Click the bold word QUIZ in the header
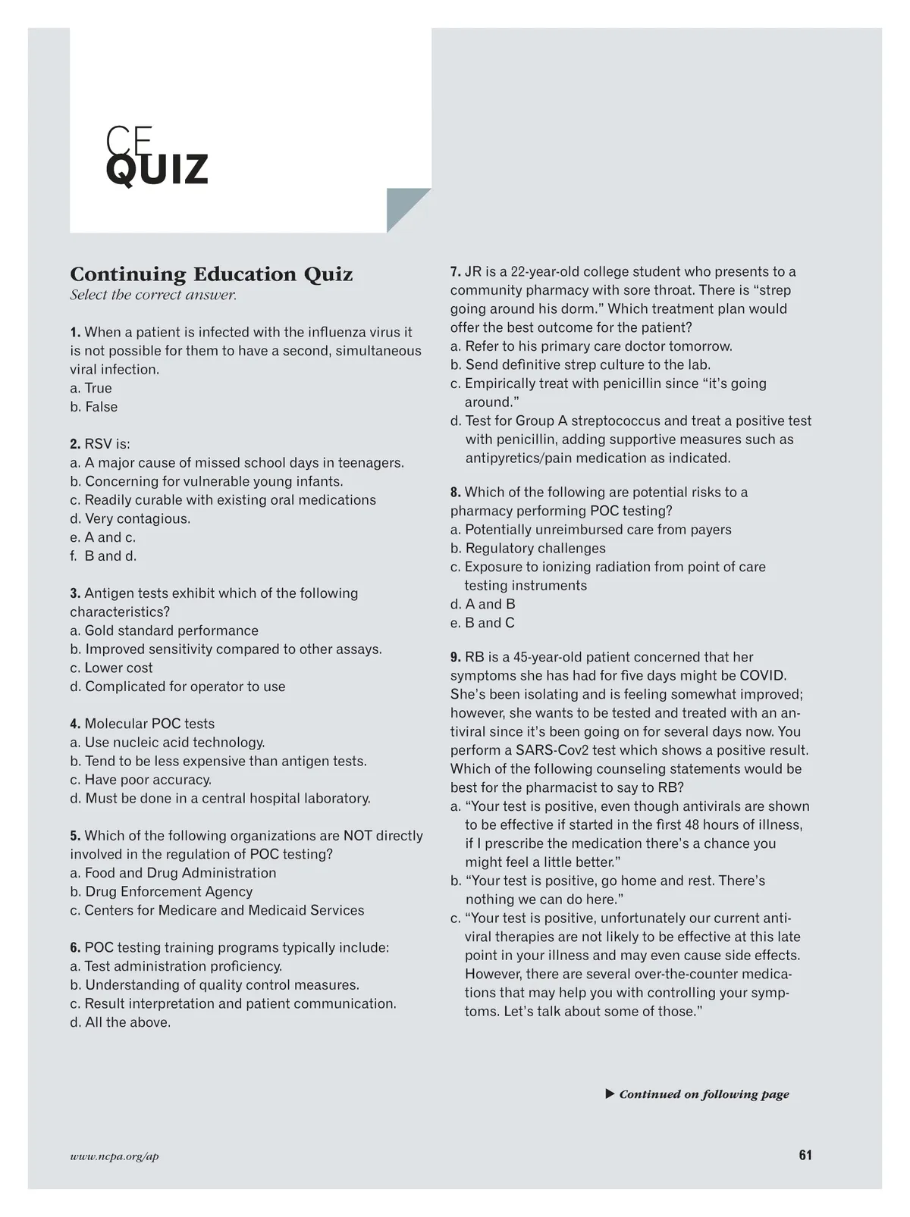tap(156, 170)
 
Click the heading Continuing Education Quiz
tap(211, 274)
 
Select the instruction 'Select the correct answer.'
tap(153, 295)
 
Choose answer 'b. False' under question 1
tap(94, 407)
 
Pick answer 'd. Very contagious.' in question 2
tap(130, 519)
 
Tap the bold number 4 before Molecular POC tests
tap(75, 724)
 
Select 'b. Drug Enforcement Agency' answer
tap(161, 892)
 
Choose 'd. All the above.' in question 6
tap(120, 1023)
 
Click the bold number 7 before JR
tap(455, 272)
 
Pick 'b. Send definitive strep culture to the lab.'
tap(580, 365)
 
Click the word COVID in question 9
tap(763, 676)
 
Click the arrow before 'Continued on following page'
tap(610, 1093)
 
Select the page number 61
tap(805, 1156)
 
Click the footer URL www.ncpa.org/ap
tap(115, 1156)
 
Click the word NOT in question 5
tap(357, 836)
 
